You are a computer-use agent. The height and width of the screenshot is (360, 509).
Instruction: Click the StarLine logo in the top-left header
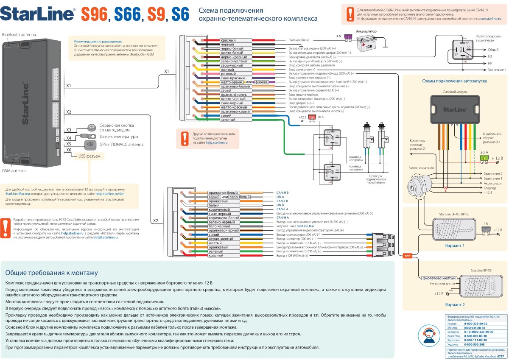point(38,14)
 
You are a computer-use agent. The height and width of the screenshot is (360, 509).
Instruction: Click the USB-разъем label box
point(89,156)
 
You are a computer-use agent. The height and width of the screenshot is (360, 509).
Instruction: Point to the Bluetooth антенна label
point(19,34)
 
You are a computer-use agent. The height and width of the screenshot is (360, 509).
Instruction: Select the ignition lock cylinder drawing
point(417,185)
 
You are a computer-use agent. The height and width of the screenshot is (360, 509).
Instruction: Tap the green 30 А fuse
point(484,158)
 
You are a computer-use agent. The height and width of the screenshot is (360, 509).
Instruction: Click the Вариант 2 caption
point(455,304)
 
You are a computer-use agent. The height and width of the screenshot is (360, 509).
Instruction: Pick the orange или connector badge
point(408,255)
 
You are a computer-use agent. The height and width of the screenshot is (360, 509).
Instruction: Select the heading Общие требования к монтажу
point(52,273)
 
